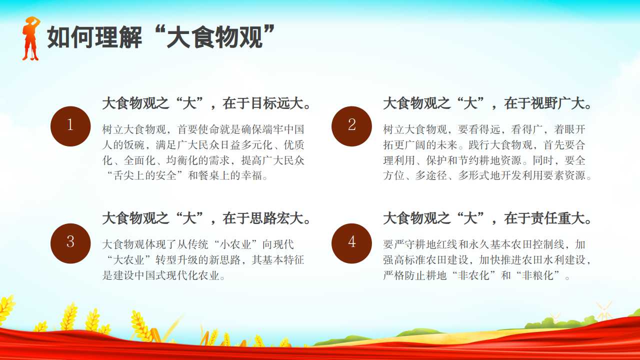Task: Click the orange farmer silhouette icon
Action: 31,38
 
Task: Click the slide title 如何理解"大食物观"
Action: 161,37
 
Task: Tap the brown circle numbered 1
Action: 70,126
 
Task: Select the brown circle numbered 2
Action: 351,126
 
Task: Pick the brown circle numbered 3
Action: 70,243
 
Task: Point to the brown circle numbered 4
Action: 351,243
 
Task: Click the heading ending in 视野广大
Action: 487,103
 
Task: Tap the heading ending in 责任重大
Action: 487,218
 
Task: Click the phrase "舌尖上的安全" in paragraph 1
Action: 145,175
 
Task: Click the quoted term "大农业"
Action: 129,260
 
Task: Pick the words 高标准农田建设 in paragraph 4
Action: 431,260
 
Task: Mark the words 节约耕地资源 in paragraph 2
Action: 489,160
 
